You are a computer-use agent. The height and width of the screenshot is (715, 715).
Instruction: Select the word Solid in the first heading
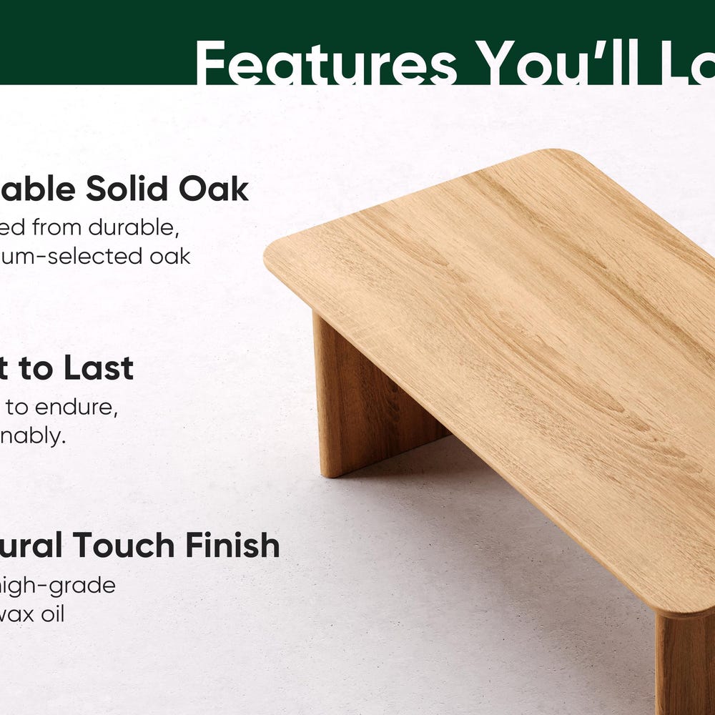127,189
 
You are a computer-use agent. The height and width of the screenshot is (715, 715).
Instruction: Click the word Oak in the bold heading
213,189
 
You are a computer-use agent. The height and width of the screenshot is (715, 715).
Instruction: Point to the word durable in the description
137,227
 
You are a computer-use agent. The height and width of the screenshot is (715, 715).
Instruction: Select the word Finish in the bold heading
232,546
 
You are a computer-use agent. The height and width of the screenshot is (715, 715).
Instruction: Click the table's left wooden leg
365,400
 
